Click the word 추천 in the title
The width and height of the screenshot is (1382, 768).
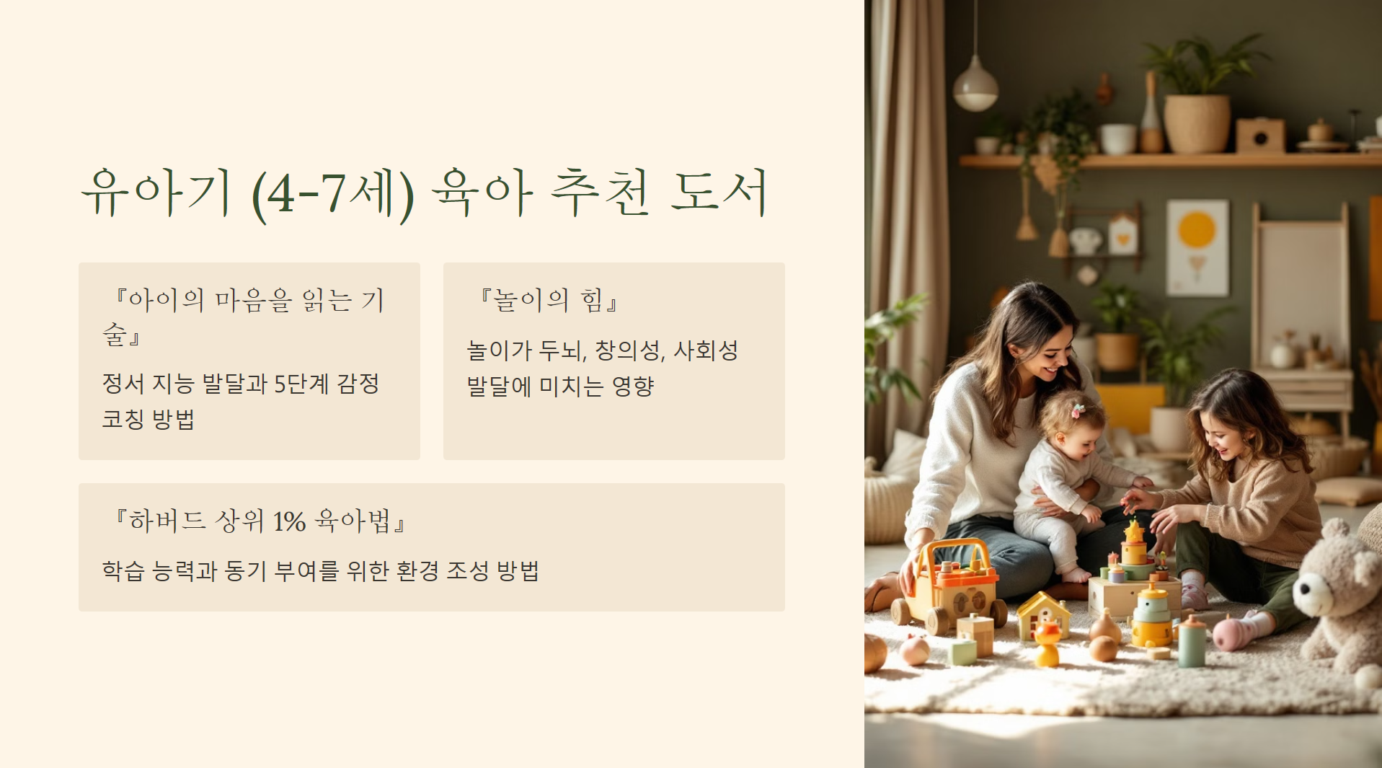600,193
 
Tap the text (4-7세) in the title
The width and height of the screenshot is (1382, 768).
332,194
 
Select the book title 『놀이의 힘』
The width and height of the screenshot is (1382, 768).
549,300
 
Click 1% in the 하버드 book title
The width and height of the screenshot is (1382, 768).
289,521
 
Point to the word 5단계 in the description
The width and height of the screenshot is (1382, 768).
301,384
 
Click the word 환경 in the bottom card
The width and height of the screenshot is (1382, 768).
417,571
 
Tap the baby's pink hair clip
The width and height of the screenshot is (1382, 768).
1077,411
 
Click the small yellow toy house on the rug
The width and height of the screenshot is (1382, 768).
1043,615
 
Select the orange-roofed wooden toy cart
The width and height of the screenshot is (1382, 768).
952,584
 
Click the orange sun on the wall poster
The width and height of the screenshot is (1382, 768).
1197,230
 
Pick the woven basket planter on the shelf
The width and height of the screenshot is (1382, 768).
1196,123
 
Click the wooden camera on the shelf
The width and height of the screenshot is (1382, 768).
1260,136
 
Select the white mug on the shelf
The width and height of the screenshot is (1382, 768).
1117,138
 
